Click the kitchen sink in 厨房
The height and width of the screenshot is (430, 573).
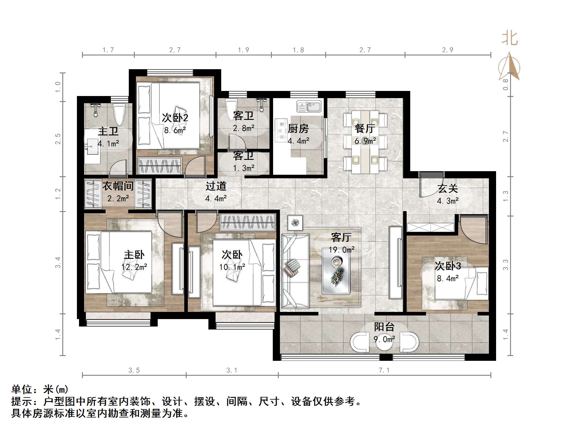click(309, 106)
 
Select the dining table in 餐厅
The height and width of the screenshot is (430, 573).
click(365, 142)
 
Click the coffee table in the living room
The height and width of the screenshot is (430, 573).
click(336, 271)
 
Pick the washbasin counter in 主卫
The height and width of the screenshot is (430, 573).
click(92, 146)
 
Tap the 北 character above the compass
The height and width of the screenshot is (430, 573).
click(509, 39)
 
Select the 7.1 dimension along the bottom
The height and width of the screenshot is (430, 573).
click(384, 370)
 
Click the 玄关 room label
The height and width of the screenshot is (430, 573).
click(447, 189)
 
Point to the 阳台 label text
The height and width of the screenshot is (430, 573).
click(384, 327)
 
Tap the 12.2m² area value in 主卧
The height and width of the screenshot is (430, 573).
click(134, 267)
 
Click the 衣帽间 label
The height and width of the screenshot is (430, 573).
click(118, 186)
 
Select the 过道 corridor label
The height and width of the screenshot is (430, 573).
click(216, 186)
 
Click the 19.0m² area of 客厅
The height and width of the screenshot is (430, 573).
click(342, 250)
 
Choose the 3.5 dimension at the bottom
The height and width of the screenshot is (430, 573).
click(134, 370)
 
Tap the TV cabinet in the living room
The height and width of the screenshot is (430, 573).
click(396, 263)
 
